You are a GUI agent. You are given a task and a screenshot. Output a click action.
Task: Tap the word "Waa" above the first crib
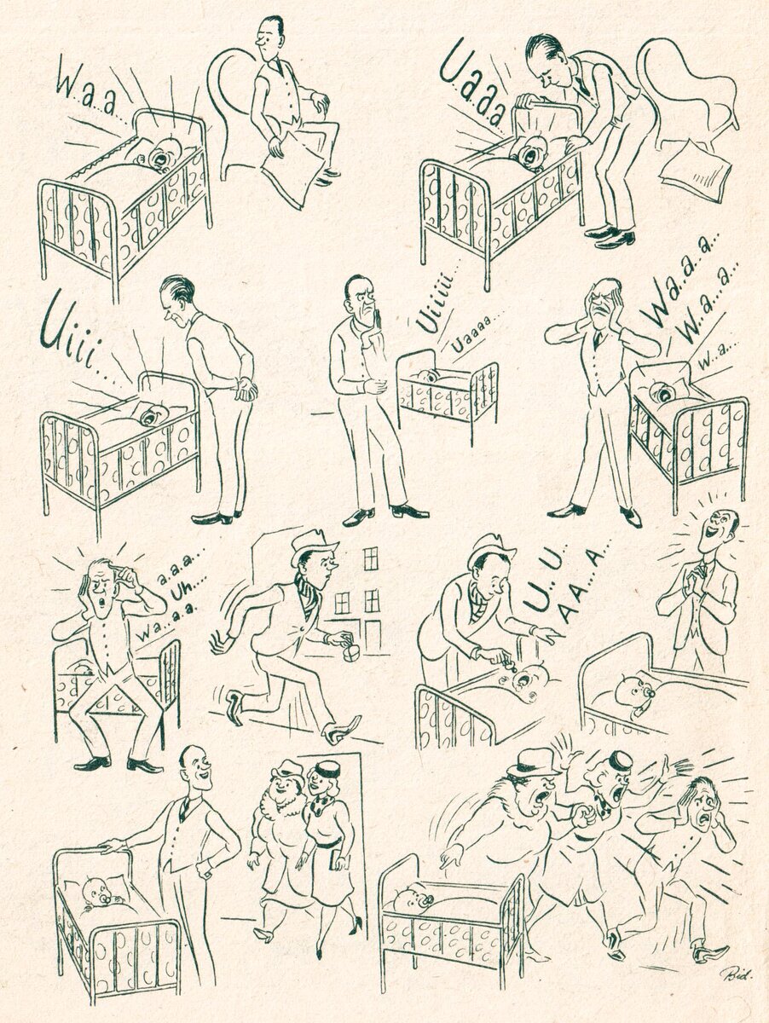click(85, 93)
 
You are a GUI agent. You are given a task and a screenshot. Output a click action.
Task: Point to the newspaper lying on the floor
click(695, 171)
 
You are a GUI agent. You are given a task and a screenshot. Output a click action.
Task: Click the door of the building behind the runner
click(373, 636)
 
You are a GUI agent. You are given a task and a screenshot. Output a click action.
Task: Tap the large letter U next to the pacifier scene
click(536, 593)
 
